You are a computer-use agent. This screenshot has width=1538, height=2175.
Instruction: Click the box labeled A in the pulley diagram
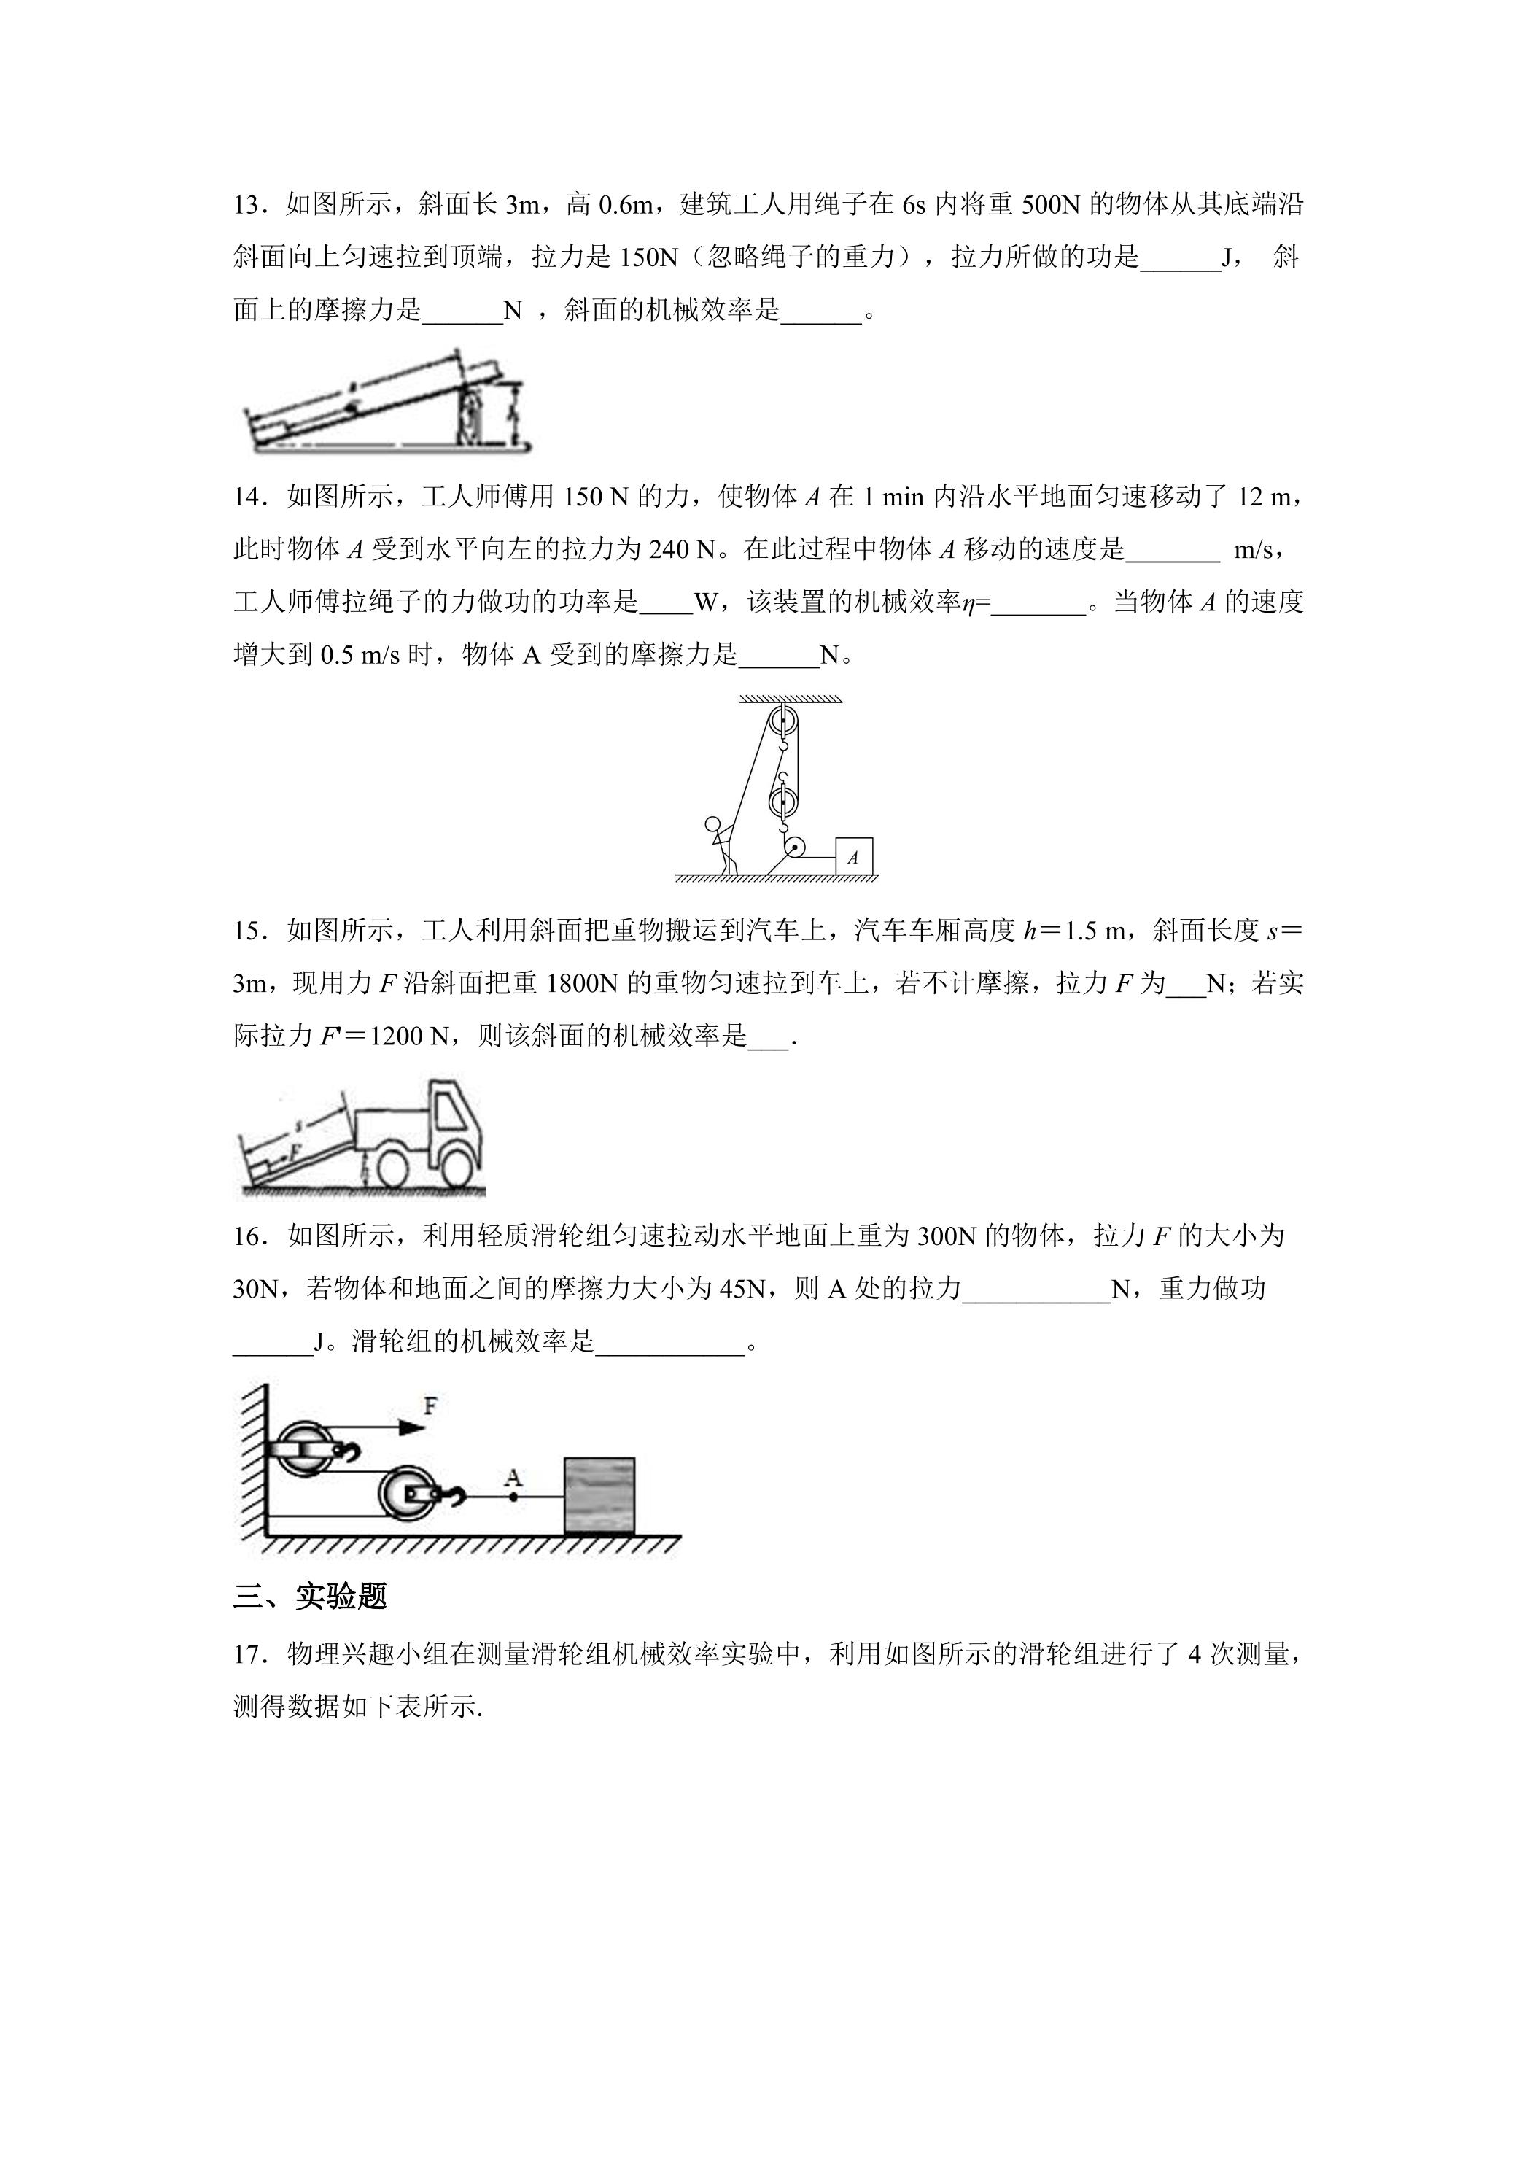(853, 856)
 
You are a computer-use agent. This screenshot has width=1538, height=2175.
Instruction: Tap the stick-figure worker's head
(712, 823)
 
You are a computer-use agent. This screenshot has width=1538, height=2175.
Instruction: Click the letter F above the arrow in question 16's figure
(431, 1405)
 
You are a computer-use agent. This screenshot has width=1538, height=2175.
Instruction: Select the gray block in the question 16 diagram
(599, 1494)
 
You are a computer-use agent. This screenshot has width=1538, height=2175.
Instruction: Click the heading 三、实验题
(311, 1597)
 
